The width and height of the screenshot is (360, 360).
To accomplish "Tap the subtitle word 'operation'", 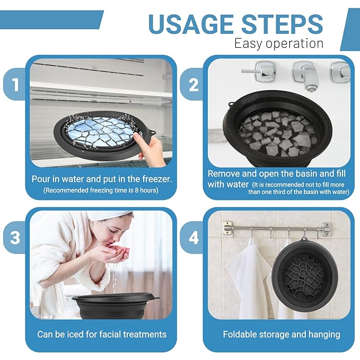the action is point(295,43).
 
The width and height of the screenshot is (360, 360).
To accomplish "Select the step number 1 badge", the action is point(15,84).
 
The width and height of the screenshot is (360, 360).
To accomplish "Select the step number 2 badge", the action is point(193,85).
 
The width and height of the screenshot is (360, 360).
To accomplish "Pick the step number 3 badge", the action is point(15,238).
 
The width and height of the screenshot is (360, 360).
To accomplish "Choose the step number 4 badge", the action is point(194,238).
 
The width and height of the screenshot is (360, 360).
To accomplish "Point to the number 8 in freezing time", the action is point(137,190).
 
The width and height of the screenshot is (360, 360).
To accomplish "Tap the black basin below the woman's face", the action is point(115,305).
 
